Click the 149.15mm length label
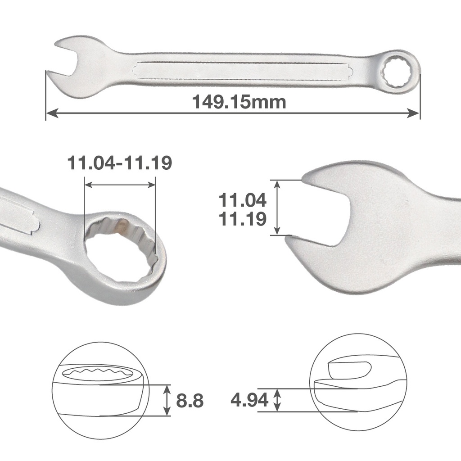click(239, 102)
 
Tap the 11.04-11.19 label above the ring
click(119, 163)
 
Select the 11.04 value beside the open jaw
click(242, 199)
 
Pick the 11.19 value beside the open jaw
click(242, 219)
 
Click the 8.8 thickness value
click(190, 400)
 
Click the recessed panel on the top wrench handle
click(234, 71)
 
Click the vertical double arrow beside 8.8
click(167, 400)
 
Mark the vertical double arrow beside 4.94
click(278, 400)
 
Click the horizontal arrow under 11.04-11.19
click(120, 185)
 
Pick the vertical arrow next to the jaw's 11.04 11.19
click(277, 208)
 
